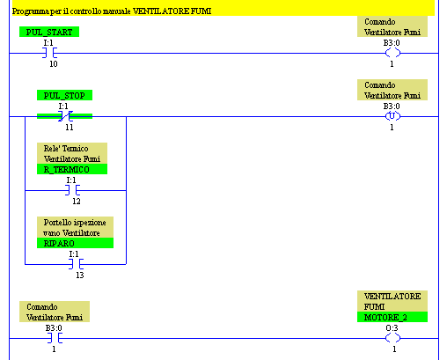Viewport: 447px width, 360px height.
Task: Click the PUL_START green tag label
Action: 49,32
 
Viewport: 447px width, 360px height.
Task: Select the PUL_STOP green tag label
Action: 64,95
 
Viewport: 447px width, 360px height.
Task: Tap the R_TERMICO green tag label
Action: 72,169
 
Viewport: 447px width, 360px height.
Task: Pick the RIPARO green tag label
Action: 75,243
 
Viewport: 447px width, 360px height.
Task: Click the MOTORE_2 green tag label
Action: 392,317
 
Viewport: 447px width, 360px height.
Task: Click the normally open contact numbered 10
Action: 49,53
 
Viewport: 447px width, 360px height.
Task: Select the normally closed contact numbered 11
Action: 65,116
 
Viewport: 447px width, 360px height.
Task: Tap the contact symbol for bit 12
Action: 72,190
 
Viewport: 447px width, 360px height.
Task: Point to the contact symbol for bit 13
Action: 76,264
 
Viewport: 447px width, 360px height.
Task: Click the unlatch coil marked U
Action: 392,116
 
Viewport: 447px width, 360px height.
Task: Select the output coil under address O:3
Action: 392,338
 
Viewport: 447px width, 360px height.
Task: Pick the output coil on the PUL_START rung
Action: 392,53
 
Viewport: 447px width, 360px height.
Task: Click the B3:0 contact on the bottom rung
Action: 55,338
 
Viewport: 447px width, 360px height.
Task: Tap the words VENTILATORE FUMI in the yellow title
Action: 172,11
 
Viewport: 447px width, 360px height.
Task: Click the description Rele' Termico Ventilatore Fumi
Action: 72,153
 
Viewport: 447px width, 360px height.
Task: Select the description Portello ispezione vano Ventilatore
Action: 75,227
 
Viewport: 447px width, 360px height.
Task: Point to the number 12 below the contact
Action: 77,202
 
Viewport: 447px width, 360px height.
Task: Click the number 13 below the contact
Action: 80,276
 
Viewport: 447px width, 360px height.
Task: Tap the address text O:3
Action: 392,328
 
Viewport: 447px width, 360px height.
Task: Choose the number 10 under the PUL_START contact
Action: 54,64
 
